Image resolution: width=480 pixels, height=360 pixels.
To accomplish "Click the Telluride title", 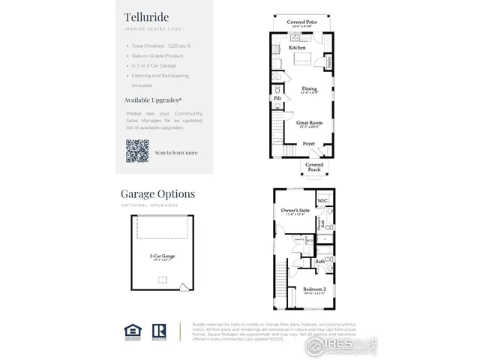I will (147, 16).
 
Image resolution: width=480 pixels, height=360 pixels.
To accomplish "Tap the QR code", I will (137, 151).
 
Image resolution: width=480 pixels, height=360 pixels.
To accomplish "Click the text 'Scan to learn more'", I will (176, 152).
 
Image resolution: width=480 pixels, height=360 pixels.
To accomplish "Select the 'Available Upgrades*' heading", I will (153, 99).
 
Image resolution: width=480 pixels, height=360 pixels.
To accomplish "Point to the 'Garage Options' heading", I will (157, 193).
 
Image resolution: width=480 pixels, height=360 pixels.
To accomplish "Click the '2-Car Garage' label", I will (163, 255).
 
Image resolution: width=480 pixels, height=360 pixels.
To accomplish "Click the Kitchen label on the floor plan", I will (286, 48).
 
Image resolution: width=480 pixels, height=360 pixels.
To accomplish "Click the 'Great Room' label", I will (309, 122).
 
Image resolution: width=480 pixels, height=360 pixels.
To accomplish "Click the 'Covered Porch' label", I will (314, 166).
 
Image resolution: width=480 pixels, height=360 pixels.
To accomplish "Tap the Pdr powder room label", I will (277, 97).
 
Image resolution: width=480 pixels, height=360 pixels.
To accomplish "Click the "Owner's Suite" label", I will (295, 211).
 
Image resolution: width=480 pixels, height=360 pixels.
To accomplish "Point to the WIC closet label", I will (323, 201).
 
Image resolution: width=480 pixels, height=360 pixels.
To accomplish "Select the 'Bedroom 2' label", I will (314, 289).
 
